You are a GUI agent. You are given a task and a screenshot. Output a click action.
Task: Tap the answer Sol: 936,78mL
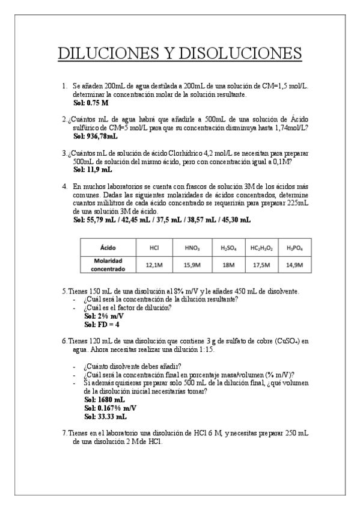pyautogui.click(x=95, y=137)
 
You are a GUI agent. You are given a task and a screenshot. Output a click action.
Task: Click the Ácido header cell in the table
pyautogui.click(x=109, y=247)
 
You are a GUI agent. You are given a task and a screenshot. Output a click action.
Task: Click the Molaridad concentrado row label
pyautogui.click(x=109, y=264)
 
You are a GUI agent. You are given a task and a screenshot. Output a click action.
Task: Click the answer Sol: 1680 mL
pyautogui.click(x=105, y=399)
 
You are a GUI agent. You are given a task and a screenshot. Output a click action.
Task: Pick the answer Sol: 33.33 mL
pyautogui.click(x=106, y=416)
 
